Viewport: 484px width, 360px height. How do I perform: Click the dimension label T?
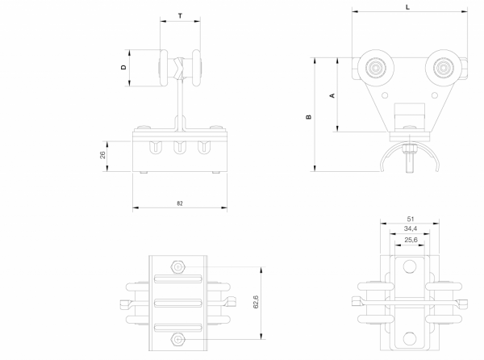(x=179, y=15)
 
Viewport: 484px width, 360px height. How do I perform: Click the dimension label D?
(x=123, y=68)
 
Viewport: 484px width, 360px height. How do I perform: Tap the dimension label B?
(x=309, y=116)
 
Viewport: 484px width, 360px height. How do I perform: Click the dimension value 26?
(x=103, y=154)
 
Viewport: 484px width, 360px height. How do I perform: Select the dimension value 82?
(x=179, y=203)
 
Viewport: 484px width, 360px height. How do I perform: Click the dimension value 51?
(x=410, y=219)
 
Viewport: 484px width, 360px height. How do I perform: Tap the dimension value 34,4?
(x=411, y=229)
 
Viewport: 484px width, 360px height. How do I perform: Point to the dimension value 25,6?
(x=411, y=240)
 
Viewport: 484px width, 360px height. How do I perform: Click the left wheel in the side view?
(x=375, y=69)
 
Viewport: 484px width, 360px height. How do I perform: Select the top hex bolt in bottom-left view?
(x=179, y=266)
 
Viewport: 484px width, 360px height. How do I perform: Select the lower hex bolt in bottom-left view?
(x=179, y=341)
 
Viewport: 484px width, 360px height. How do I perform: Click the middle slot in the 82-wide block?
(x=179, y=147)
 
